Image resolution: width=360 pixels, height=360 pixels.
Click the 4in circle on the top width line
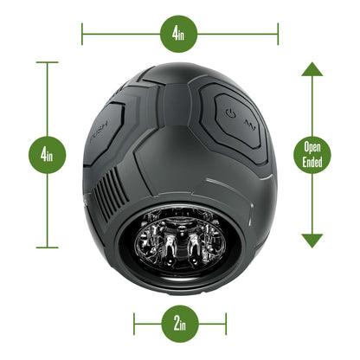pyautogui.click(x=179, y=35)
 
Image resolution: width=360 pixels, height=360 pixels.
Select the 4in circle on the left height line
pyautogui.click(x=47, y=156)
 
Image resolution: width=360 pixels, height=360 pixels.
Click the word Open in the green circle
pyautogui.click(x=312, y=146)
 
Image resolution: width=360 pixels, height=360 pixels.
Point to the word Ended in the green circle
pyautogui.click(x=312, y=163)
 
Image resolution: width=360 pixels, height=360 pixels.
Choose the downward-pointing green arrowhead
pyautogui.click(x=312, y=240)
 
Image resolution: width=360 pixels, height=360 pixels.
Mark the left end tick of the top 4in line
pyautogui.click(x=82, y=35)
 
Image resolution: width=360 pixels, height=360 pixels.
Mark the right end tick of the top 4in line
pyautogui.click(x=279, y=35)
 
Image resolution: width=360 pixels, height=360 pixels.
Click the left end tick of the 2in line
pyautogui.click(x=134, y=325)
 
